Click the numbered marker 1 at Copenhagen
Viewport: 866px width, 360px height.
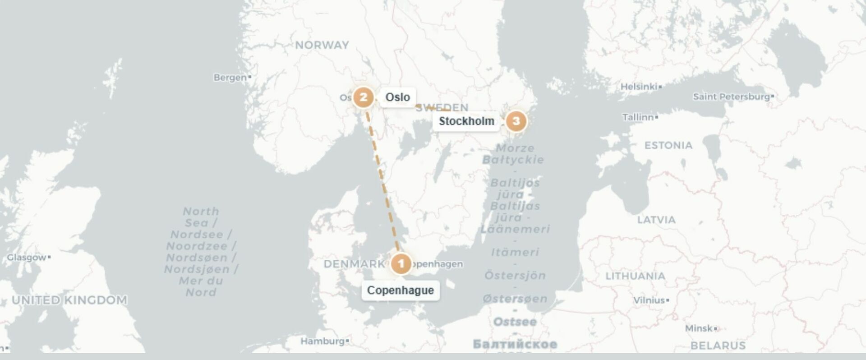(x=401, y=264)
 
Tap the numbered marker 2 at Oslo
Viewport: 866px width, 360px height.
(x=363, y=97)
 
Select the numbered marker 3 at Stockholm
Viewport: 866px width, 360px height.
(x=516, y=121)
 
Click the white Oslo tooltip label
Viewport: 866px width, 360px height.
(x=397, y=97)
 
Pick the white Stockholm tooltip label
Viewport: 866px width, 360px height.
(x=466, y=121)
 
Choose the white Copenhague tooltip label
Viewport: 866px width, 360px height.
(x=401, y=290)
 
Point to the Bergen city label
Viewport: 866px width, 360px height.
(x=230, y=78)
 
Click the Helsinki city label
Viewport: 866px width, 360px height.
(x=639, y=87)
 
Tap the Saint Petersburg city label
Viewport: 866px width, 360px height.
(x=731, y=97)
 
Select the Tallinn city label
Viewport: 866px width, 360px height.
(x=638, y=117)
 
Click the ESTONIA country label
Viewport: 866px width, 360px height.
(x=668, y=145)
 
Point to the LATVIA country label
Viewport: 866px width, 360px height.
(x=656, y=220)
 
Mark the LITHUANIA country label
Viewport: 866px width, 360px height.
(x=635, y=276)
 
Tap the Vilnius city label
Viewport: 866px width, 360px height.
(x=649, y=300)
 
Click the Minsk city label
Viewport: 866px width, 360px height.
(x=699, y=328)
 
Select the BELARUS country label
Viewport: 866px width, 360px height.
(x=718, y=346)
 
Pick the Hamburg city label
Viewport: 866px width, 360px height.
(x=322, y=341)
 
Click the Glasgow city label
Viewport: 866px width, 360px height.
(x=27, y=257)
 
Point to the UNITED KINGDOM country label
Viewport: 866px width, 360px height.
(x=69, y=300)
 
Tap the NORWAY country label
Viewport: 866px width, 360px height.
(x=322, y=45)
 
